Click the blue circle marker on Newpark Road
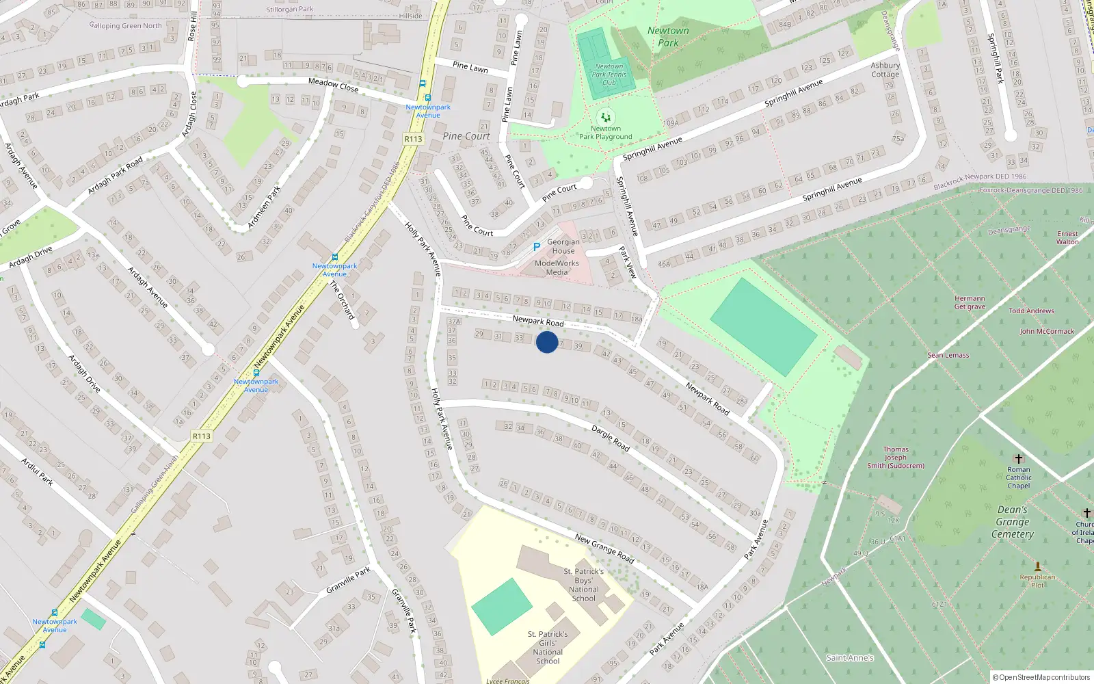[546, 342]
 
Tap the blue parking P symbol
[536, 247]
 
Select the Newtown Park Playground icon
[605, 117]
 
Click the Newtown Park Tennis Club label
[609, 75]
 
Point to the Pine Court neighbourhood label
[466, 136]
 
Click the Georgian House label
[563, 246]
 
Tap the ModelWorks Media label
[557, 267]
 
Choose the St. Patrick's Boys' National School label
[583, 585]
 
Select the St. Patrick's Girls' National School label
[548, 647]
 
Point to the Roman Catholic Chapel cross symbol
[1018, 458]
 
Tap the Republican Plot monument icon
[1037, 566]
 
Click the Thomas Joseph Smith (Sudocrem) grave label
[896, 458]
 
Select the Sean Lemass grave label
[948, 355]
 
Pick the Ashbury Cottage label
[885, 70]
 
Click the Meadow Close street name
[333, 85]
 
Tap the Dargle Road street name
[611, 438]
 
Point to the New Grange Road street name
[604, 549]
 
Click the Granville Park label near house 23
[348, 579]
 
